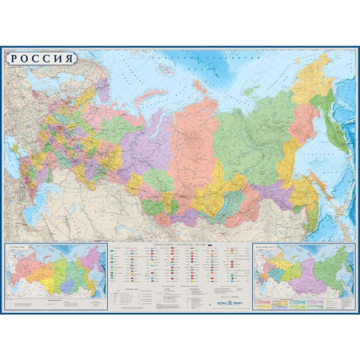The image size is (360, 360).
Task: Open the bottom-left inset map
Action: point(56,276)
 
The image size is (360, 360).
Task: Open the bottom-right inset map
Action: point(303,276)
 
